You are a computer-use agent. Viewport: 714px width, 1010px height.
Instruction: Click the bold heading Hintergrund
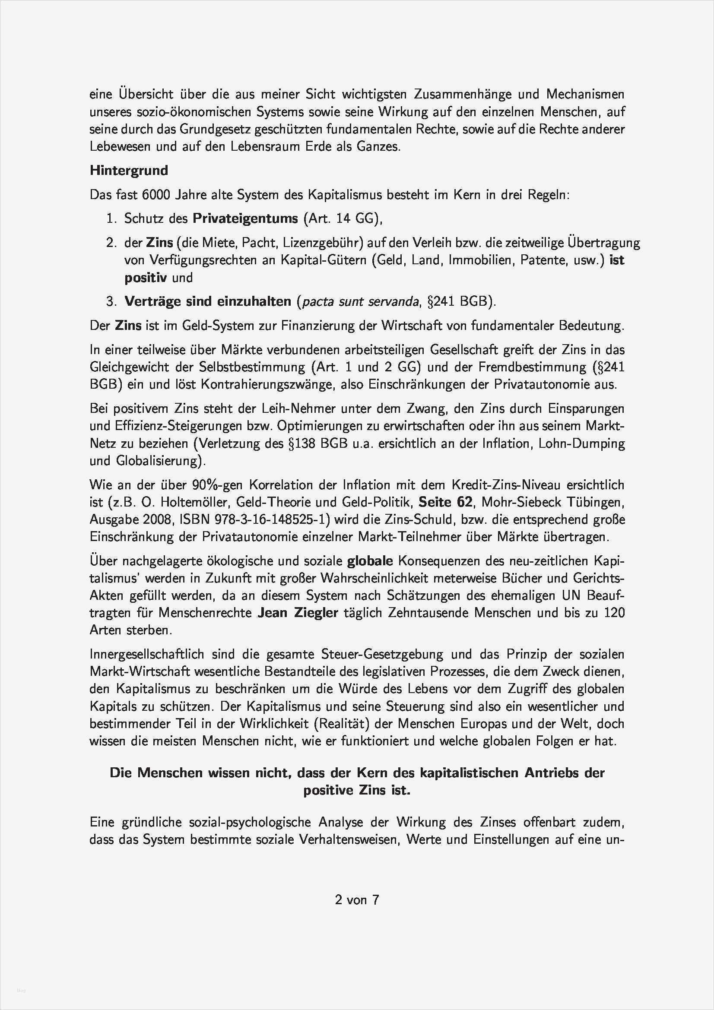tap(129, 170)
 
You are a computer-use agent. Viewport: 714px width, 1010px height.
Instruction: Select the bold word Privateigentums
tap(246, 218)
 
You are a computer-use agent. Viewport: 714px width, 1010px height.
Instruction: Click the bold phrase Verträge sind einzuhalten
tap(208, 301)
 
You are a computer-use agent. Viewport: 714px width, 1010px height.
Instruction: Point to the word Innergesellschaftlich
tap(147, 654)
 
